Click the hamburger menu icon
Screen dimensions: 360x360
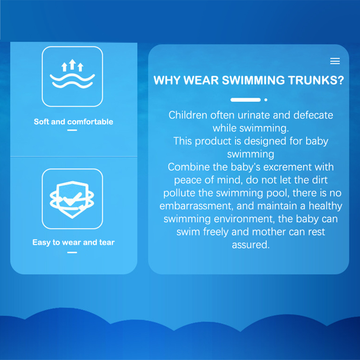coord(335,61)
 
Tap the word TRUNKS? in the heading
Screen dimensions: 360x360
coord(316,80)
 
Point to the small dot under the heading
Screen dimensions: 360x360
coord(266,100)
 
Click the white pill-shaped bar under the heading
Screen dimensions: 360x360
coord(246,100)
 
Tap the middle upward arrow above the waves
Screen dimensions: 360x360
coord(72,64)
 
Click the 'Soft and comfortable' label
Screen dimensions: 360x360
coord(73,122)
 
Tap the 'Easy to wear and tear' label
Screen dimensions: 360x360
coord(73,243)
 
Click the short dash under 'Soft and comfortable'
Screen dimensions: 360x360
coord(72,130)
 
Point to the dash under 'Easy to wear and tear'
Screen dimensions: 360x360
coord(72,253)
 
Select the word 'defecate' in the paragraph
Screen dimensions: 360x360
coord(313,115)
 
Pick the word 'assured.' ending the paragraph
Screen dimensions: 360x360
coord(251,245)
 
